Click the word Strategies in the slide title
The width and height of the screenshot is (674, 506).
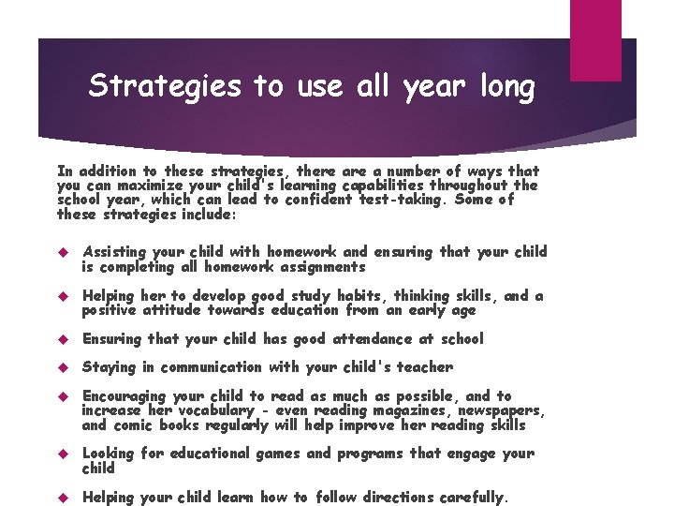pos(165,87)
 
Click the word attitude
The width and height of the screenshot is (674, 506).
pos(174,310)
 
